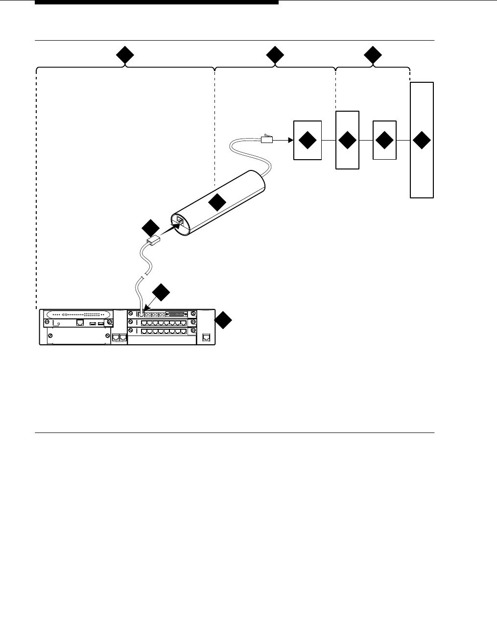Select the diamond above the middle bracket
pos(275,56)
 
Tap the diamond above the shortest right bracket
pos(373,56)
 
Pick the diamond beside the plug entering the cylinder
pos(150,228)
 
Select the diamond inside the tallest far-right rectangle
pos(422,140)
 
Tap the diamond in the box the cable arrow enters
pos(308,140)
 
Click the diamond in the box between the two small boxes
pos(347,140)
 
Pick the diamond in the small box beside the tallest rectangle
pos(384,140)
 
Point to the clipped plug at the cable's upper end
pos(266,139)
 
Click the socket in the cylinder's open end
pos(180,221)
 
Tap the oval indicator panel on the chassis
pos(77,314)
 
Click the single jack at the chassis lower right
pos(206,337)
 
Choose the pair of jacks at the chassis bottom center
pos(119,337)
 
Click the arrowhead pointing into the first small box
pos(290,140)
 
